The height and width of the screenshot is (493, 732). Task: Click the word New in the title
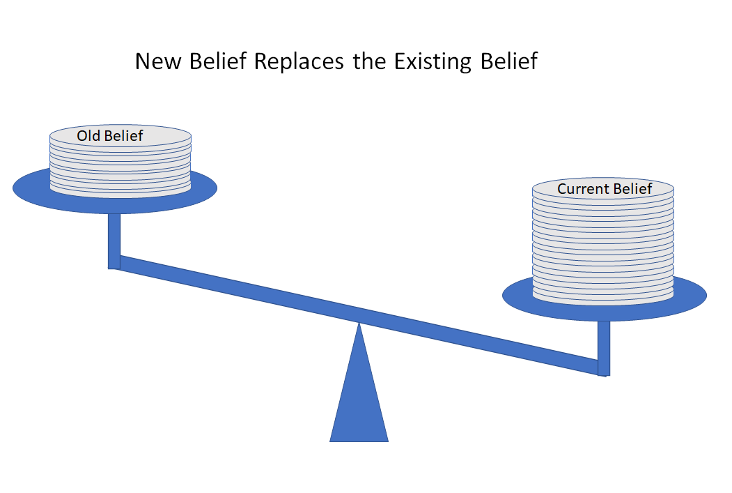(x=158, y=61)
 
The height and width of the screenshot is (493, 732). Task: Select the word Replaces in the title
(x=299, y=62)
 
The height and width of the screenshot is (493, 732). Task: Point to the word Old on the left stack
(x=88, y=135)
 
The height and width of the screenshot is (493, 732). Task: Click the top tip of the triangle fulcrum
(x=359, y=323)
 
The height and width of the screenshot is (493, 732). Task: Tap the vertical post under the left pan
(x=114, y=241)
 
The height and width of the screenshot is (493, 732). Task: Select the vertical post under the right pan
(x=604, y=348)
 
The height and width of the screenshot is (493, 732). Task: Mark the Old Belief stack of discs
(x=120, y=161)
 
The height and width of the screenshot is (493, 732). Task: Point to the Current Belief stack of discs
(x=603, y=241)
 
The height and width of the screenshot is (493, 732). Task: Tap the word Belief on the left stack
(x=123, y=135)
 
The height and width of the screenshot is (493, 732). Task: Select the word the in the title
(x=369, y=61)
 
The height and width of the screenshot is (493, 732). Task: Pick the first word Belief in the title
(x=217, y=61)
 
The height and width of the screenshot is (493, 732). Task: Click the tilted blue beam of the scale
(x=359, y=315)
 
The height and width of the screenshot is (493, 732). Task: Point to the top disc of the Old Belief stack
(x=120, y=135)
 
